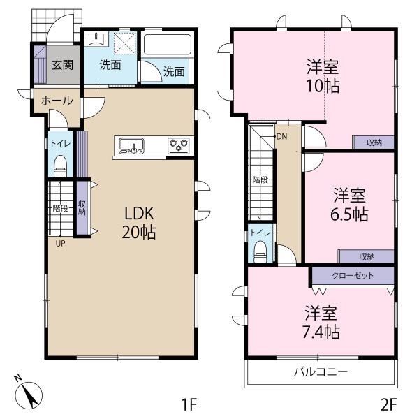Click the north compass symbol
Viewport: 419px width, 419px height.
pyautogui.click(x=29, y=393)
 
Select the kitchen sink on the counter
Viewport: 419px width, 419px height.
pyautogui.click(x=131, y=146)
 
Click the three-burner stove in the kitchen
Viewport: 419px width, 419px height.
pyautogui.click(x=179, y=146)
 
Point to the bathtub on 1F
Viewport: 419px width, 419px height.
pyautogui.click(x=168, y=44)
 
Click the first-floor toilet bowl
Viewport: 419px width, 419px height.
pyautogui.click(x=60, y=167)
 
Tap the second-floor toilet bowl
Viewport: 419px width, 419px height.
pyautogui.click(x=260, y=252)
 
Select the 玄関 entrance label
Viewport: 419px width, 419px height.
pyautogui.click(x=63, y=65)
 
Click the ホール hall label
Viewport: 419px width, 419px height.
pyautogui.click(x=57, y=101)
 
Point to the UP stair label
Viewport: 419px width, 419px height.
pyautogui.click(x=60, y=244)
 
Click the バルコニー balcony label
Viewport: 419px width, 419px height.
pyautogui.click(x=321, y=372)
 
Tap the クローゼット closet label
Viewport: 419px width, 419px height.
pyautogui.click(x=353, y=275)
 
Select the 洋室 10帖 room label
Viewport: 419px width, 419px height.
pyautogui.click(x=323, y=76)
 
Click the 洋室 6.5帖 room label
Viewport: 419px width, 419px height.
pyautogui.click(x=350, y=205)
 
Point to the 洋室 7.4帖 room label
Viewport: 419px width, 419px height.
pyautogui.click(x=321, y=323)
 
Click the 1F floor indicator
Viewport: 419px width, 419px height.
pyautogui.click(x=189, y=404)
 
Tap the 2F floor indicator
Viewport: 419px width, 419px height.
pyautogui.click(x=388, y=404)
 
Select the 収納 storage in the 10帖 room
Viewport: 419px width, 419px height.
pyautogui.click(x=374, y=142)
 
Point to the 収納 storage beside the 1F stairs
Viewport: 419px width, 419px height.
pyautogui.click(x=82, y=208)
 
